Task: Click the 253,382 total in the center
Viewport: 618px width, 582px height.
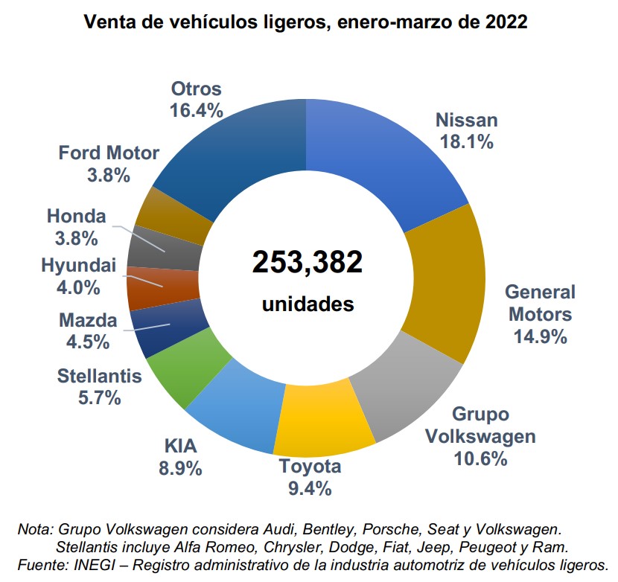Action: coord(307,262)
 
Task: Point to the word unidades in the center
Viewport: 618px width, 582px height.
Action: coord(307,304)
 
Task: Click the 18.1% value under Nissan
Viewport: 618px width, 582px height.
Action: coord(467,141)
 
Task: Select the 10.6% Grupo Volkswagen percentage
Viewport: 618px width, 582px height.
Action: coord(480,458)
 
